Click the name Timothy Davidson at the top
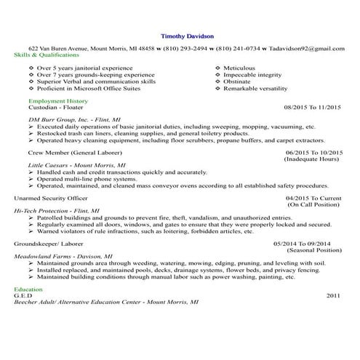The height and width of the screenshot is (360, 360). pyautogui.click(x=187, y=35)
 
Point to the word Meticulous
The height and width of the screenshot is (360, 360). pyautogui.click(x=240, y=68)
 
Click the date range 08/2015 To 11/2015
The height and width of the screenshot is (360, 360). pyautogui.click(x=312, y=107)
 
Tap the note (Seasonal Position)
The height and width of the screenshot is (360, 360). pyautogui.click(x=311, y=249)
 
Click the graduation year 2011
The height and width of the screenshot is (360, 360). pyautogui.click(x=333, y=295)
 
